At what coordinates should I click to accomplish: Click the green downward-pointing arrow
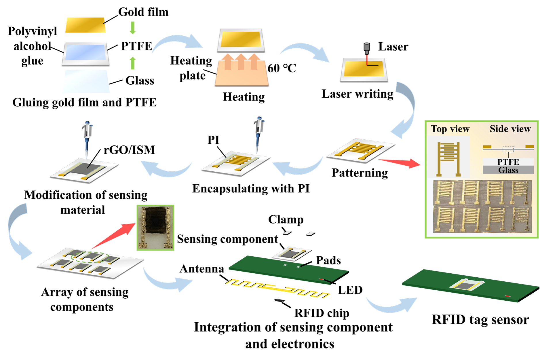point(132,28)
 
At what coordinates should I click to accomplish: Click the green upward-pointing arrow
point(132,63)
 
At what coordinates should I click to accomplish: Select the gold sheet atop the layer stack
point(85,25)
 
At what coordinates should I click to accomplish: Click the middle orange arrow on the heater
point(241,62)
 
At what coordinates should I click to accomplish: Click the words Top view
point(450,129)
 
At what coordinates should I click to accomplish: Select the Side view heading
point(510,129)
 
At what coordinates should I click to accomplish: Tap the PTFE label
point(508,162)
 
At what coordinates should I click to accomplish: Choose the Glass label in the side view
point(508,170)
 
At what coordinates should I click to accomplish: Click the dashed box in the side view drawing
point(508,149)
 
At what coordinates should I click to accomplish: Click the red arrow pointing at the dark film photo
point(114,236)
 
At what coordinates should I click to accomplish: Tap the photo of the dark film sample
point(155,228)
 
